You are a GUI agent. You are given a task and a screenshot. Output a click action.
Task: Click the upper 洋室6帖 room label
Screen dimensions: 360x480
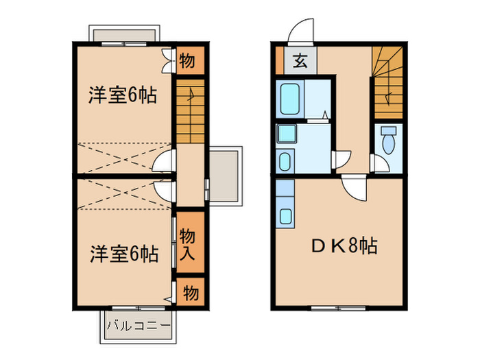[121, 95]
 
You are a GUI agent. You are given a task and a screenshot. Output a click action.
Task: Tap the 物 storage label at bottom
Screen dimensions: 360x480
[190, 293]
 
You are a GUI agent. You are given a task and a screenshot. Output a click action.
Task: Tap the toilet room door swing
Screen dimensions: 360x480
[376, 163]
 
